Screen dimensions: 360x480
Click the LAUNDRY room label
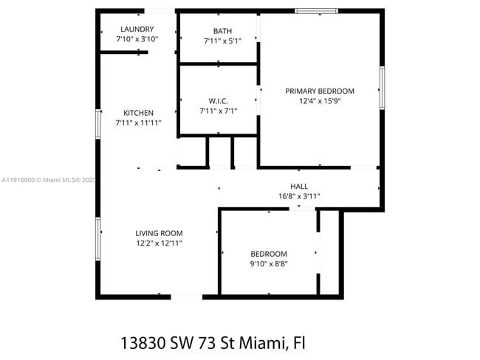137,30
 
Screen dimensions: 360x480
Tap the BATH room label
222,31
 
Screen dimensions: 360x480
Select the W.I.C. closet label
218,100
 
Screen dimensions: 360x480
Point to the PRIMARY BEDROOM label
320,91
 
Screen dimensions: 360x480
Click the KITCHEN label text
138,113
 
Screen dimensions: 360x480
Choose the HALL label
299,187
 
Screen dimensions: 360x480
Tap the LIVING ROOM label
159,233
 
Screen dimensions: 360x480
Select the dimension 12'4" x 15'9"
320,101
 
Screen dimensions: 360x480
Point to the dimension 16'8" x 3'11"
299,196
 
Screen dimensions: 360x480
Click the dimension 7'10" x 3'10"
137,39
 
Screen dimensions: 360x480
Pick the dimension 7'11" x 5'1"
222,41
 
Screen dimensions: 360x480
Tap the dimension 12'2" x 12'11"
159,243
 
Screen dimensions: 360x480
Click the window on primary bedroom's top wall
316,10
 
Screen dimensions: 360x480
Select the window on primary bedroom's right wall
382,88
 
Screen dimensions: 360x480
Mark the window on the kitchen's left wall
98,124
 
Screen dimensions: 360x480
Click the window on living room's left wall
98,239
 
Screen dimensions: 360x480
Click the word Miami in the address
261,343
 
